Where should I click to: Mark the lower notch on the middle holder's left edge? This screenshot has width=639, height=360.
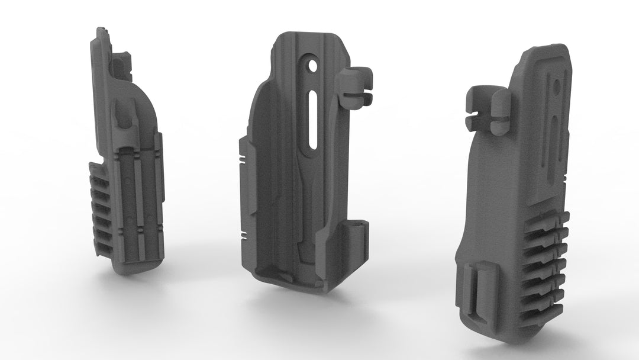(x=243, y=232)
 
